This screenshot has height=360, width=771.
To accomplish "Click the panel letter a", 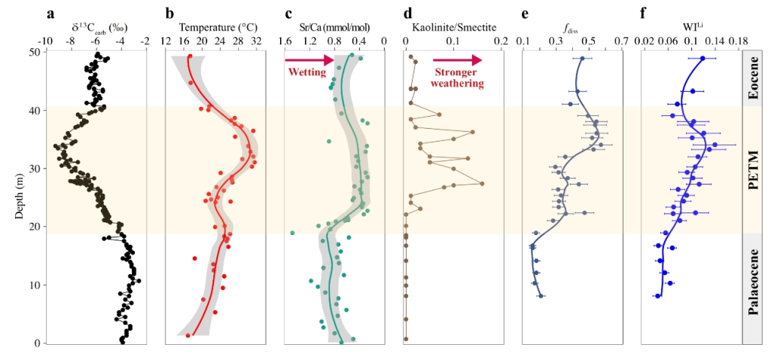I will tap(50, 13).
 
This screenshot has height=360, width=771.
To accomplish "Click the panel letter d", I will tap(408, 13).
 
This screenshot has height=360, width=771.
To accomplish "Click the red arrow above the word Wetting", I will tap(309, 59).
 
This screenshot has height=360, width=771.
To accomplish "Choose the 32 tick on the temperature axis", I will tap(255, 42).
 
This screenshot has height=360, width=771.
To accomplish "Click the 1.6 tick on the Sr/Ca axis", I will tap(286, 42).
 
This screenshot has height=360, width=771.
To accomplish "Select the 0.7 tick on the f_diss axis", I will tap(621, 42).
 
